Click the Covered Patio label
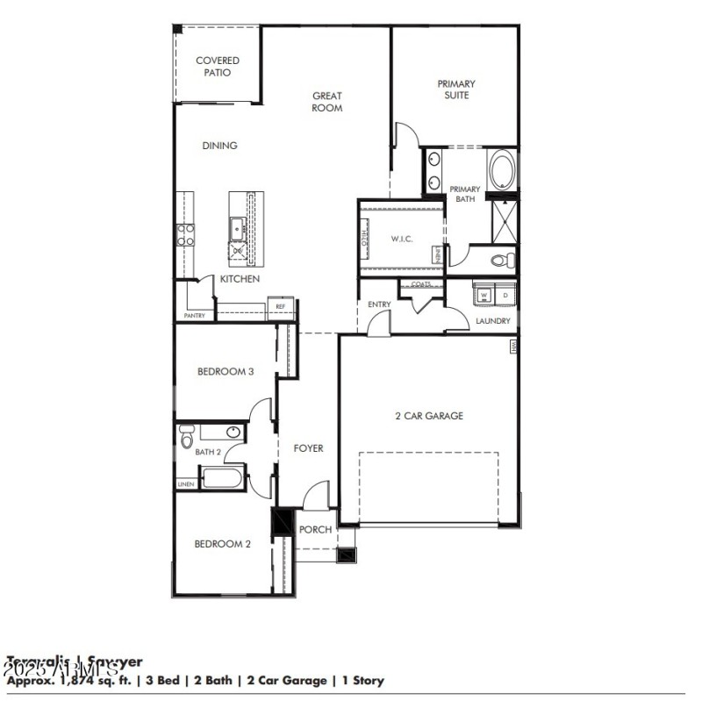(x=218, y=67)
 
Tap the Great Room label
(x=326, y=102)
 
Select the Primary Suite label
(x=453, y=89)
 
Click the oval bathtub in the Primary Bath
(x=502, y=170)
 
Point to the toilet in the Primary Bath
(x=503, y=260)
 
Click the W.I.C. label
(x=402, y=240)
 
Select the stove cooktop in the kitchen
(x=186, y=234)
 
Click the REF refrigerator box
(x=281, y=306)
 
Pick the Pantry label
(x=194, y=315)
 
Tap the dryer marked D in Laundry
(x=504, y=296)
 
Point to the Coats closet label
(x=421, y=284)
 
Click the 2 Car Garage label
(x=428, y=416)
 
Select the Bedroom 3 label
(x=226, y=371)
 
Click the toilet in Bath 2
(x=185, y=438)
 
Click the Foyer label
(x=308, y=448)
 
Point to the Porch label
(x=316, y=530)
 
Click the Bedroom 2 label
(x=223, y=544)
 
